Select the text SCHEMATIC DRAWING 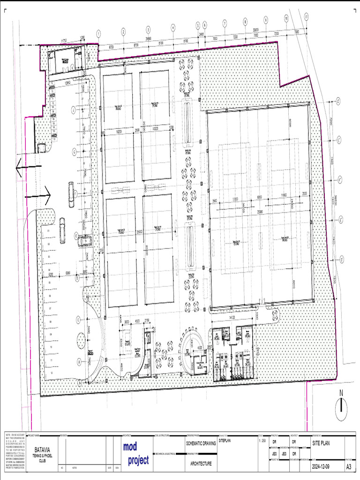tap(201, 443)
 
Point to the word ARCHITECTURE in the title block tap(201, 464)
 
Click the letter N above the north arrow tap(342, 393)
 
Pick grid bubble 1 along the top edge tap(99, 33)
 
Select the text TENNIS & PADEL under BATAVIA tap(43, 455)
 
